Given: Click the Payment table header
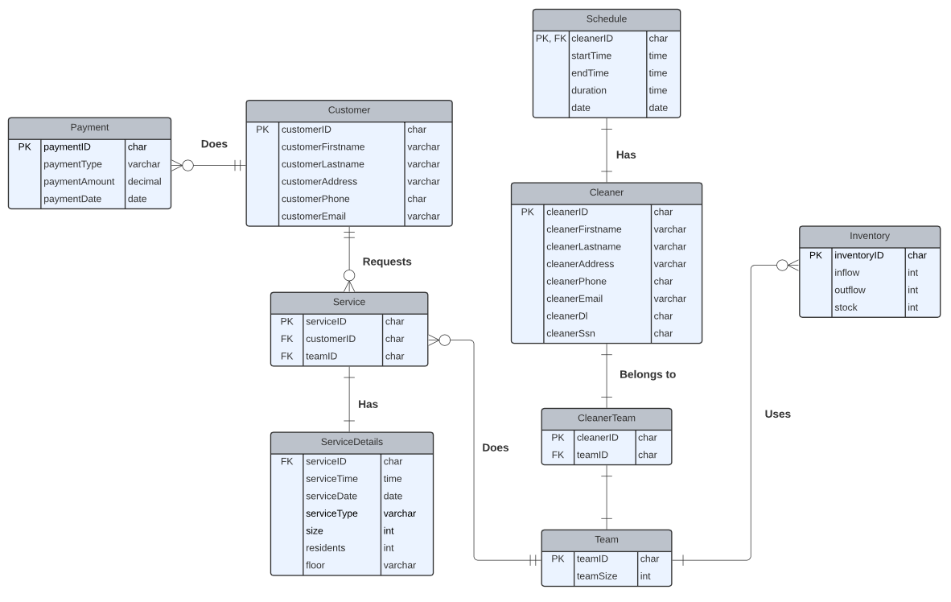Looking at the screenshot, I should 89,128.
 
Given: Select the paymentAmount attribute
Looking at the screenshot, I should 79,182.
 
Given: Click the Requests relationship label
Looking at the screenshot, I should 387,262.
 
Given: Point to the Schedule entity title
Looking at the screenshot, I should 607,19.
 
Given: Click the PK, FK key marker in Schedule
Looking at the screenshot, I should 551,38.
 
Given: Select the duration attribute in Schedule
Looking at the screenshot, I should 589,91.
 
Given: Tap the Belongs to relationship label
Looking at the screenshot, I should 648,374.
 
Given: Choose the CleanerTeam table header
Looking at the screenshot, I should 606,419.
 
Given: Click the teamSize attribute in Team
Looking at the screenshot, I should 596,576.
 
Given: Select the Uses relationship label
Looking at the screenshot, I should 777,414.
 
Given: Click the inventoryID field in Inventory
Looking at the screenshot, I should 858,256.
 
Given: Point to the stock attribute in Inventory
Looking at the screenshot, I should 846,307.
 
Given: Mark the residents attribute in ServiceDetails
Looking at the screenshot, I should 325,548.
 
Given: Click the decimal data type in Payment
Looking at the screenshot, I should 145,182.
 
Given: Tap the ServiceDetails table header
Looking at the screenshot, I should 352,443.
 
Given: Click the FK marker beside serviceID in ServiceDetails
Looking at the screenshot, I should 286,462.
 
